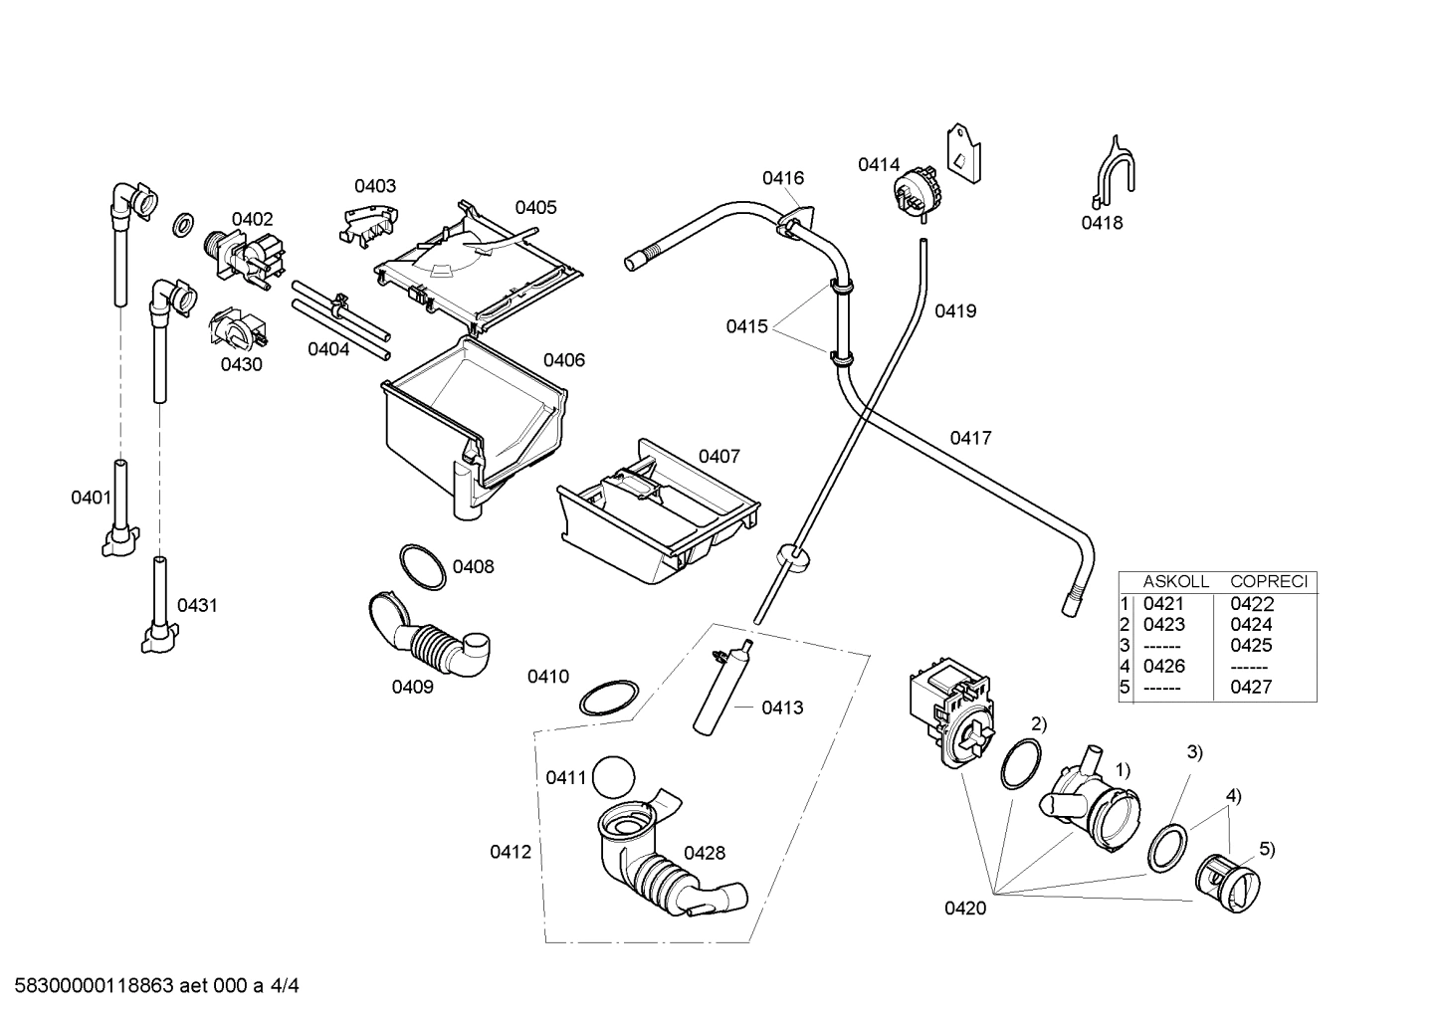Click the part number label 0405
tap(535, 207)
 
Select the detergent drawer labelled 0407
tap(657, 517)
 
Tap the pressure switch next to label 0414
tap(916, 189)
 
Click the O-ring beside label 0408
tap(423, 566)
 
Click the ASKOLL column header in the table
tap(1174, 581)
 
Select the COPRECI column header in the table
tap(1268, 581)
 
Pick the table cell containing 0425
tap(1251, 645)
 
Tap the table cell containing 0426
tap(1163, 666)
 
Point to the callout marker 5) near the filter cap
tap(1267, 849)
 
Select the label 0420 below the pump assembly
tap(965, 908)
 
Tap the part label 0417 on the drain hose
tap(970, 437)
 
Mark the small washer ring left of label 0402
tap(183, 226)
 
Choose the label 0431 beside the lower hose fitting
tap(197, 605)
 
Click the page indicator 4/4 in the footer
tap(285, 986)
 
